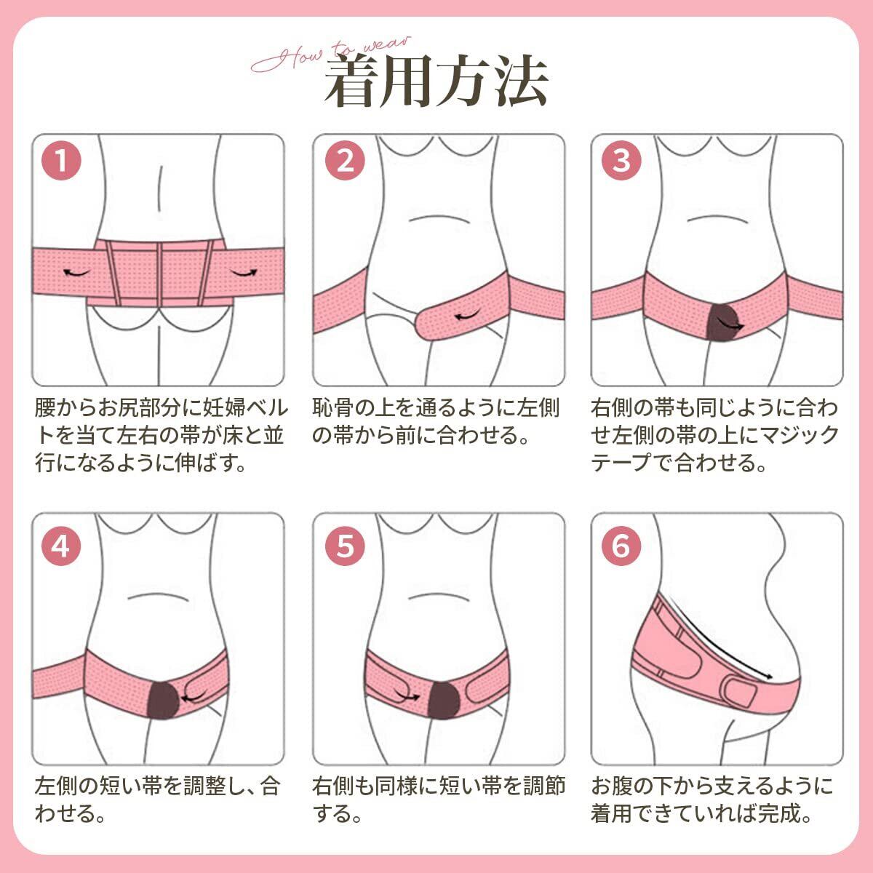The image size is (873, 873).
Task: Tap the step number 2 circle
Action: pyautogui.click(x=344, y=160)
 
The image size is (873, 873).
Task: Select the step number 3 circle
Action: pyautogui.click(x=621, y=160)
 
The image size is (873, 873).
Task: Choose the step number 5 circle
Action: pyautogui.click(x=344, y=545)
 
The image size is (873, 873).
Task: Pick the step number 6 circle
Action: pyautogui.click(x=621, y=545)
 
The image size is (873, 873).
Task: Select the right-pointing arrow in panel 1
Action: pyautogui.click(x=244, y=272)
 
